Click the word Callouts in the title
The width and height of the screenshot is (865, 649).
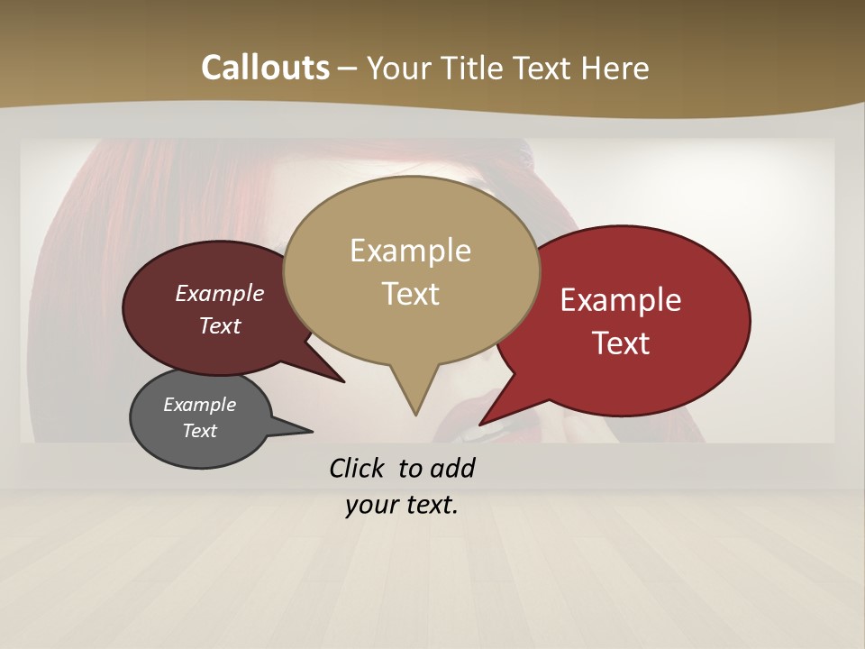coord(265,68)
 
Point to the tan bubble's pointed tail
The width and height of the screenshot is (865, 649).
coord(414,401)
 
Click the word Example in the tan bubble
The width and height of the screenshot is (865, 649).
coord(411,251)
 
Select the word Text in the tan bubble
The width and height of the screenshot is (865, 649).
coord(411,294)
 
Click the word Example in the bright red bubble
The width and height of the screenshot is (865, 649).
coord(621,300)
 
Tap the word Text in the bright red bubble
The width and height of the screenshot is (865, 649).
coord(621,343)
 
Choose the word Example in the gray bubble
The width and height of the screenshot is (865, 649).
coord(200,405)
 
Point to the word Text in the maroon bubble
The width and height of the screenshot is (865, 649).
coord(220,325)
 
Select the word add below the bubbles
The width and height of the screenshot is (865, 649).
coord(452,469)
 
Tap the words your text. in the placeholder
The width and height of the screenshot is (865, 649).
coord(402,505)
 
